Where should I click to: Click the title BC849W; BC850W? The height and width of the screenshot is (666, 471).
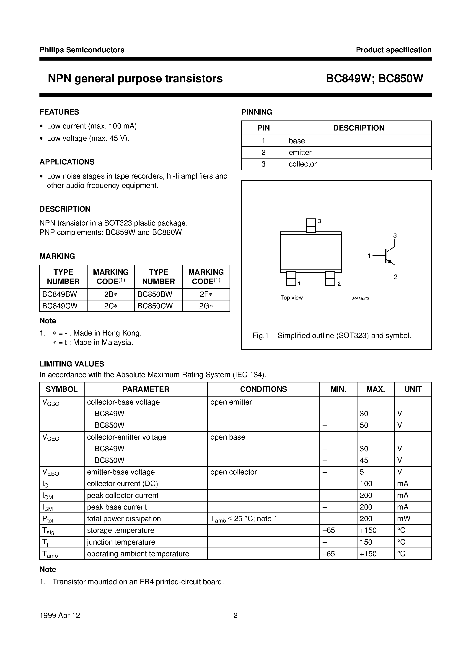[x=374, y=78]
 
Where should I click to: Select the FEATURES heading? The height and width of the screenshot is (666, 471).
[x=59, y=112]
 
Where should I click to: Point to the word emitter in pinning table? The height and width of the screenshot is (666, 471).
[x=300, y=152]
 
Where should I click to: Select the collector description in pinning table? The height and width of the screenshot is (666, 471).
[x=302, y=164]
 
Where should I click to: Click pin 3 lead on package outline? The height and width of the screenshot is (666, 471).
[x=311, y=225]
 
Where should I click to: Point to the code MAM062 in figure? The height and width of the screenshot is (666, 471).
[x=360, y=298]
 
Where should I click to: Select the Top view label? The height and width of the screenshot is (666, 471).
[x=291, y=298]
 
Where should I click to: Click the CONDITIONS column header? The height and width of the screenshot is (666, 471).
[x=263, y=389]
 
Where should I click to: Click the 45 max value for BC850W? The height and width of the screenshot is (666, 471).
[x=364, y=460]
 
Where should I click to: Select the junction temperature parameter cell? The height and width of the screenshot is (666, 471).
[x=121, y=542]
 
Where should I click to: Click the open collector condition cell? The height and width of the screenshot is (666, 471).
[x=233, y=472]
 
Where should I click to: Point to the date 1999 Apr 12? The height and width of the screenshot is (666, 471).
[x=60, y=615]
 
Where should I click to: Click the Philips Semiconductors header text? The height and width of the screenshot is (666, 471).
[x=82, y=50]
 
